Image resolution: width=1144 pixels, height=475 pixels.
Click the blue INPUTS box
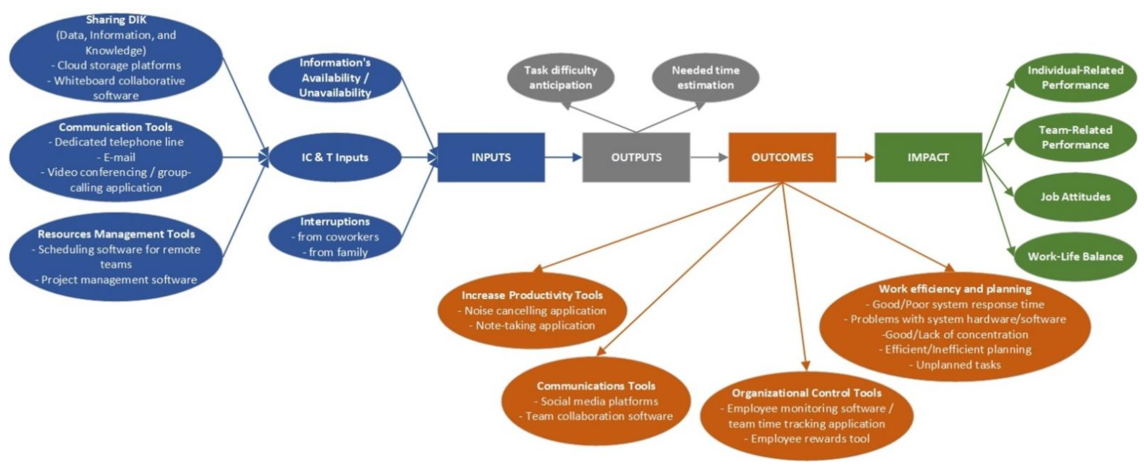pos(491,157)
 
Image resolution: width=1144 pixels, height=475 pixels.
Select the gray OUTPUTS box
pos(636,157)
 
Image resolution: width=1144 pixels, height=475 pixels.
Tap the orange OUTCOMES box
pos(782,157)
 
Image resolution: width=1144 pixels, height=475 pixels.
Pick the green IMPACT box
pos(928,157)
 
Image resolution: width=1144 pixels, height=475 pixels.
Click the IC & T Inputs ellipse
pos(335,157)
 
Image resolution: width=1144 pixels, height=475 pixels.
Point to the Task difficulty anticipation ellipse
pos(560,78)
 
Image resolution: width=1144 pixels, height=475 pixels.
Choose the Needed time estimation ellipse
pos(705,78)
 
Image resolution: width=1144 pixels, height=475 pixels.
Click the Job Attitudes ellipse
pos(1075,197)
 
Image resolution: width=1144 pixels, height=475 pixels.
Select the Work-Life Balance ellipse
pos(1075,256)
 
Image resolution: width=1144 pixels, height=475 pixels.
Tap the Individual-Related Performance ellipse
pos(1075,78)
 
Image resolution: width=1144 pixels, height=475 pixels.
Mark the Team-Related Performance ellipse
pos(1075,137)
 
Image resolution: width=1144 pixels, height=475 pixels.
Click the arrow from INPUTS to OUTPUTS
pos(563,157)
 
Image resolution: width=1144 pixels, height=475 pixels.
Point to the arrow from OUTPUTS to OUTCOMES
pos(709,157)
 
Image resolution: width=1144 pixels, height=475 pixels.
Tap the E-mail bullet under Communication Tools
pos(116,157)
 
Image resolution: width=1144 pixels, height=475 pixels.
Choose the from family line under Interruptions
pos(336,252)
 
